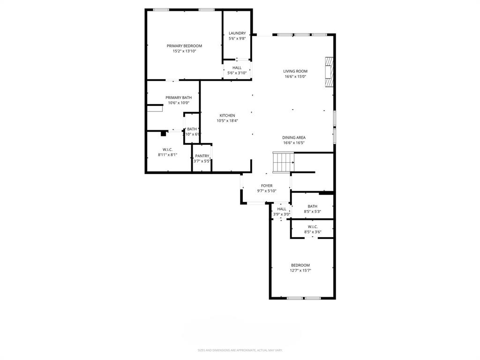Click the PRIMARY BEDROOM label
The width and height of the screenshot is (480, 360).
coord(184,46)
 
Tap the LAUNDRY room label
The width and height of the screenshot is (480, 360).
coord(237,33)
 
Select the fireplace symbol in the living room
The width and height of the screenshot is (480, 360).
coord(330,72)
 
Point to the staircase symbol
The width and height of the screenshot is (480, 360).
coord(283,162)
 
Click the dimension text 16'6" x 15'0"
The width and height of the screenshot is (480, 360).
coord(295,76)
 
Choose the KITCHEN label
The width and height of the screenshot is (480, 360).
coord(227,115)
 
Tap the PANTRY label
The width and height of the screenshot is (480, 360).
coord(202,156)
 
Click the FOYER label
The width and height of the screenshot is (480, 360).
coord(267,186)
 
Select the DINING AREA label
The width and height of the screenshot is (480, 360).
coord(294,137)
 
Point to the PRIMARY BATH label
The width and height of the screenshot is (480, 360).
coord(179,97)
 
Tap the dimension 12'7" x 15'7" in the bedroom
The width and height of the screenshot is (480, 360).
coord(300,270)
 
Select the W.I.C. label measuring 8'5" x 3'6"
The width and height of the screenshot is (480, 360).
coord(313,226)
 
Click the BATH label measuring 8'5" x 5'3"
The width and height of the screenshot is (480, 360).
coord(313,206)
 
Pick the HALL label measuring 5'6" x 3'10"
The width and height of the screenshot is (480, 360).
coord(237,67)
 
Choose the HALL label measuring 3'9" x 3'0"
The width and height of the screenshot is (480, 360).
coord(281,209)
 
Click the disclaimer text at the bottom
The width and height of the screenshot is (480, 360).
coord(240,350)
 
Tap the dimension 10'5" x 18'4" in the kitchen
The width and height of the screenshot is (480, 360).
coord(227,120)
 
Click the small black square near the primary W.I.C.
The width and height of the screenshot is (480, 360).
coord(163,134)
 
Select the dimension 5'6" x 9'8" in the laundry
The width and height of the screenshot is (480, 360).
coord(237,38)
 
